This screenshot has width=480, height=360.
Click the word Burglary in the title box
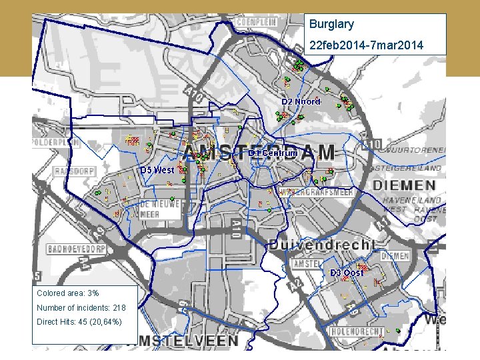coord(331,25)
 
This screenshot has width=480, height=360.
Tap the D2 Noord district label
coord(301,101)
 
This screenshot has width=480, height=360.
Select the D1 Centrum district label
coord(273,153)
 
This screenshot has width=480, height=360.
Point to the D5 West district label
coord(157,170)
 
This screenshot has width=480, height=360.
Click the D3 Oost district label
coord(347,273)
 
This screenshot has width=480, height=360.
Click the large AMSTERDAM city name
coord(259,153)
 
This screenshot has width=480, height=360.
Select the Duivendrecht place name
coord(322,245)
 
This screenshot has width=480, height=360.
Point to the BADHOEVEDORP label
coord(77,249)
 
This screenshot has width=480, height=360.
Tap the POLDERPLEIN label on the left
coord(55,143)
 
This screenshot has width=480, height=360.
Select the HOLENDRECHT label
coord(358,331)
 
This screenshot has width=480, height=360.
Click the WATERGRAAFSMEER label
coord(316,192)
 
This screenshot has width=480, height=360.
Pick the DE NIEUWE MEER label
coord(159,210)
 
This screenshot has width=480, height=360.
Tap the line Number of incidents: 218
coord(81,308)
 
